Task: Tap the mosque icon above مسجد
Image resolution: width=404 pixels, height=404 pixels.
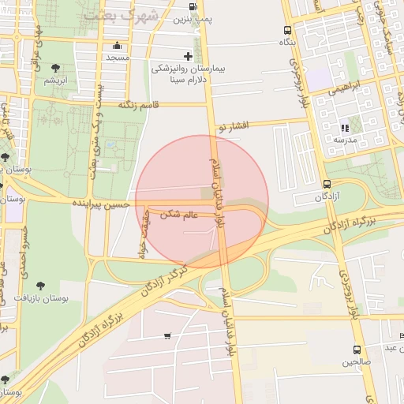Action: [118, 46]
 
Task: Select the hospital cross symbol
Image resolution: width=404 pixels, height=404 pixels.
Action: [188, 56]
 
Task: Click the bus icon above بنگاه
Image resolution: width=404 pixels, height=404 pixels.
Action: [288, 31]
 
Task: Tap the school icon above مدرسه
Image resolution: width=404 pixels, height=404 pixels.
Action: [344, 128]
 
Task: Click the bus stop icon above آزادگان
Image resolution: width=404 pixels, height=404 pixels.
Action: [327, 184]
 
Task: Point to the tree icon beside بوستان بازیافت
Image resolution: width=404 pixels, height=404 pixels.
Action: [41, 286]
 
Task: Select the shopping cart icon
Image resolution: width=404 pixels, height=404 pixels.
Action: [166, 336]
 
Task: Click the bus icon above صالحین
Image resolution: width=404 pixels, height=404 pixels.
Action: [357, 350]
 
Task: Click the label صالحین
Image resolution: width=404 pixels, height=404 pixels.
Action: [357, 362]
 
